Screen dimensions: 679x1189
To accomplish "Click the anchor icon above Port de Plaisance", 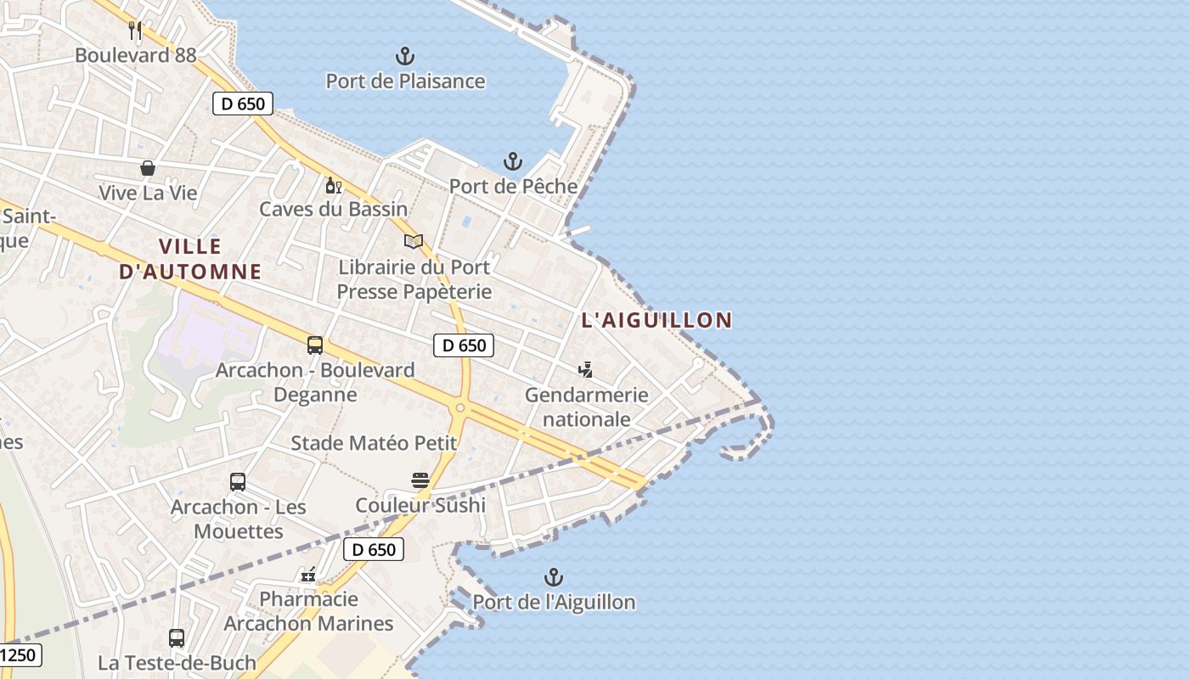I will tap(405, 57).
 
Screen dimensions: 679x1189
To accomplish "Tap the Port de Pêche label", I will tap(513, 186).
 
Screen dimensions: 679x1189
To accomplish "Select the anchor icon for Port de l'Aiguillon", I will tap(554, 578).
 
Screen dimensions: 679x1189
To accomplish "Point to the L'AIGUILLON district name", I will tap(656, 320).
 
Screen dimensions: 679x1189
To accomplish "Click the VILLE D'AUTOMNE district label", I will tap(190, 259).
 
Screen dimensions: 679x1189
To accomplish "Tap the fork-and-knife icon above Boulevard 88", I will tap(135, 31).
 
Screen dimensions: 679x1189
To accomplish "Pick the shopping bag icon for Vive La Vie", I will tap(148, 168).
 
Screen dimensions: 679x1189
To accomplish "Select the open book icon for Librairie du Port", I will tap(414, 242).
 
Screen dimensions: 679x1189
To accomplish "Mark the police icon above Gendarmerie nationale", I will tap(585, 369).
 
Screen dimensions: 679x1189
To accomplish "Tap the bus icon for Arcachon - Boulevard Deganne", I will tap(315, 345).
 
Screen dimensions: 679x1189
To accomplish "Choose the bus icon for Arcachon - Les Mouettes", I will tap(238, 482).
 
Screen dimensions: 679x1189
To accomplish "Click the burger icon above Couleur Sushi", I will tap(420, 480).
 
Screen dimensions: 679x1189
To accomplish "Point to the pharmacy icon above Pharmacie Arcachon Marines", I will tap(309, 575).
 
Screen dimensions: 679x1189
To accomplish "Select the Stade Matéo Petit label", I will tap(374, 442).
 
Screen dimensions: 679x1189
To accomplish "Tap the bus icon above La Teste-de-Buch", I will tap(177, 638).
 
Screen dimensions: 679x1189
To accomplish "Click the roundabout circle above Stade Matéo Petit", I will tap(459, 408).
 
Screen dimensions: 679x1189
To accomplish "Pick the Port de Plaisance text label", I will tap(406, 81).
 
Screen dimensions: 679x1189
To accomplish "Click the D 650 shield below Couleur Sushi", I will tap(374, 549).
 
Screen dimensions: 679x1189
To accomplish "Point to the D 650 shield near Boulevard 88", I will tap(243, 104).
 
